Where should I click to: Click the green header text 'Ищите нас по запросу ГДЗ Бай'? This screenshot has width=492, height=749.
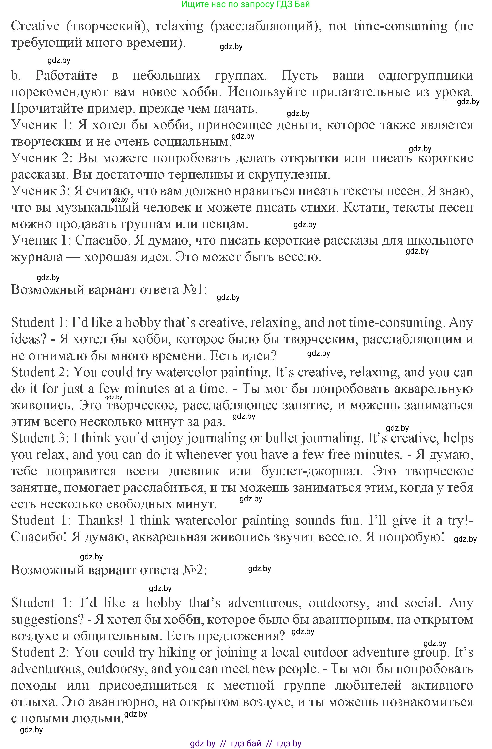[x=246, y=4]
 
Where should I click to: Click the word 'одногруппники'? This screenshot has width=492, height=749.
[x=426, y=75]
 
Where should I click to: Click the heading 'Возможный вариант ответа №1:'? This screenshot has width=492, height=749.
[x=109, y=290]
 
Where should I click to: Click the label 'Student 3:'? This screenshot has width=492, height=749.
[x=39, y=438]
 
